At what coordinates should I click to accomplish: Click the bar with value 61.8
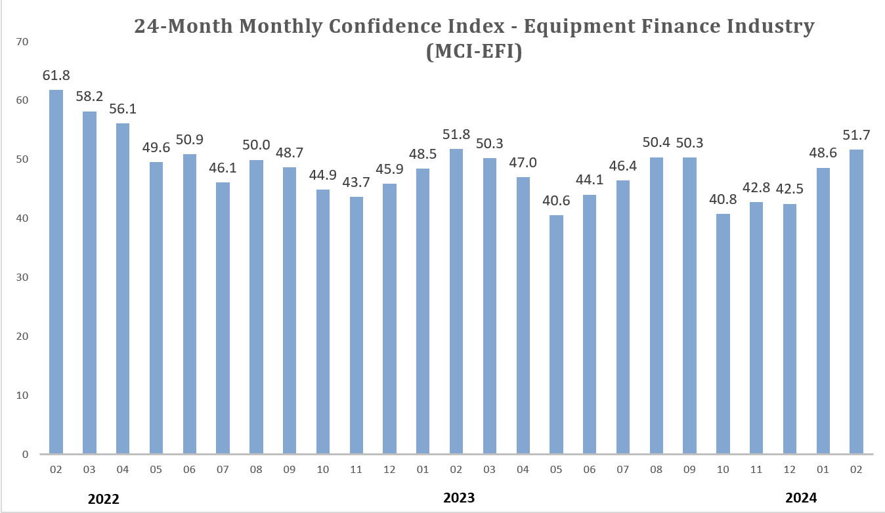tap(56, 272)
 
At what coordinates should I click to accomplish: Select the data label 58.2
tap(89, 96)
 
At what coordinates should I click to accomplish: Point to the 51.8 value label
tap(456, 134)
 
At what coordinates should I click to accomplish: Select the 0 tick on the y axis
tap(25, 454)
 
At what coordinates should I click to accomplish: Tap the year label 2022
tap(104, 499)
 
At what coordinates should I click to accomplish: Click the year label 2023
tap(458, 498)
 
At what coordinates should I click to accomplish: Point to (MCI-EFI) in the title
tap(474, 52)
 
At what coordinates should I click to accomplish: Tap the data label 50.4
tap(656, 142)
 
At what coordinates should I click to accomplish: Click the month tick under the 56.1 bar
tap(123, 470)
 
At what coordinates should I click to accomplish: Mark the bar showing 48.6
tap(823, 311)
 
